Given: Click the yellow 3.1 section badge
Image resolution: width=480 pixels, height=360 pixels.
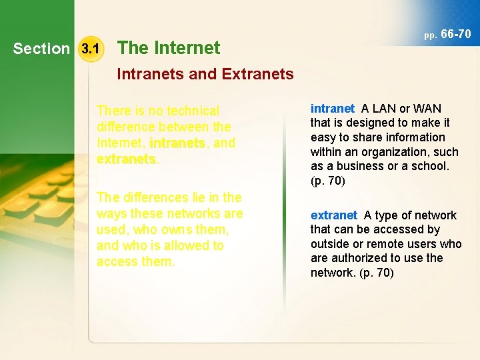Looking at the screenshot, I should [90, 48].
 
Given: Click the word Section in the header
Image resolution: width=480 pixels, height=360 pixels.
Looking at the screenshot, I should [41, 49].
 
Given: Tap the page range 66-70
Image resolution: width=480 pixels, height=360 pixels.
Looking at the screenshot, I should [456, 33].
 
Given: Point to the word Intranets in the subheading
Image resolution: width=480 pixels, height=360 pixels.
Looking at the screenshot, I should [150, 74].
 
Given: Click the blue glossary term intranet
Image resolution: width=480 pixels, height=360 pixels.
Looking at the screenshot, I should [333, 109].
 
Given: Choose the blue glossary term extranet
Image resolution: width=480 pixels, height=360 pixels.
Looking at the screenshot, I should [334, 215].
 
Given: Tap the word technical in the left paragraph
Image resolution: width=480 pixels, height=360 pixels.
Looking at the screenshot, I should [193, 111].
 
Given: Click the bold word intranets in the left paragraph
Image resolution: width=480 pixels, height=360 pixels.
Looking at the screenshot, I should [177, 143].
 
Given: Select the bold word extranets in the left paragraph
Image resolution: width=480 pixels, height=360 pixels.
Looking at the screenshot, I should [126, 159].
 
